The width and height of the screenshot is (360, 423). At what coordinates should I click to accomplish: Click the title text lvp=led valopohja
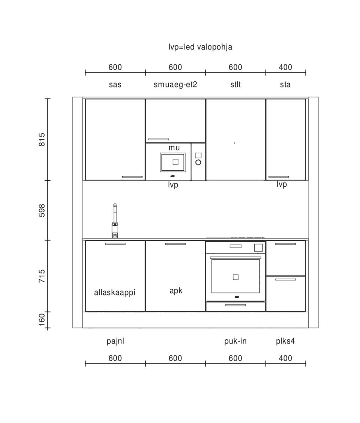(x=200, y=47)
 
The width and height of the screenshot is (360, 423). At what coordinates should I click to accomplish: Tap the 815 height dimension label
(x=42, y=139)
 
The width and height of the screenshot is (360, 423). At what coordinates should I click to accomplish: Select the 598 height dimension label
(x=42, y=210)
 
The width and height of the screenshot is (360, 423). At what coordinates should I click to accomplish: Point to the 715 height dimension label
(x=42, y=276)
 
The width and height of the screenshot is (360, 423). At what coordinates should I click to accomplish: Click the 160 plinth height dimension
(x=42, y=319)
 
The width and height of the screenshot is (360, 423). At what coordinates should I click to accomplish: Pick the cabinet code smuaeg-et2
(x=175, y=85)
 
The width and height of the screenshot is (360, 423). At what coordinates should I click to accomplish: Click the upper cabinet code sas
(x=115, y=85)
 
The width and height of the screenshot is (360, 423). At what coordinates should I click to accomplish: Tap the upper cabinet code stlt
(x=235, y=84)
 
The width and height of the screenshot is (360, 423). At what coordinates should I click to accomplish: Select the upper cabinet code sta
(x=285, y=84)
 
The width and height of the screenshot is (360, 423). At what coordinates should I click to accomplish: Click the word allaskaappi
(x=115, y=292)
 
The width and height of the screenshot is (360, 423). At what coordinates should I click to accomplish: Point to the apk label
(x=176, y=291)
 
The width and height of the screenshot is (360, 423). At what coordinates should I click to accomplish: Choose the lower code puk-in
(x=235, y=341)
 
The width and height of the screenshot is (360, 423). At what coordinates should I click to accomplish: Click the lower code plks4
(x=285, y=341)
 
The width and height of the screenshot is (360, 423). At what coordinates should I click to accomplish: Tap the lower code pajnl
(x=115, y=341)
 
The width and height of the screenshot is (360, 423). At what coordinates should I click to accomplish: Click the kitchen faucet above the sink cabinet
(x=115, y=221)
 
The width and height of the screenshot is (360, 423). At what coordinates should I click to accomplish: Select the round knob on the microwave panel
(x=198, y=162)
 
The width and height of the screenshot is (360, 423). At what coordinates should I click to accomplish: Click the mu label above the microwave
(x=174, y=148)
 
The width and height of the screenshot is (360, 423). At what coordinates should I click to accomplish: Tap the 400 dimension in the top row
(x=285, y=67)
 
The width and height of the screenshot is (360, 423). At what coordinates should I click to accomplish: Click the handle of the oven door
(x=235, y=258)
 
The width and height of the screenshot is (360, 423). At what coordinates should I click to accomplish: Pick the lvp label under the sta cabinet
(x=282, y=184)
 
